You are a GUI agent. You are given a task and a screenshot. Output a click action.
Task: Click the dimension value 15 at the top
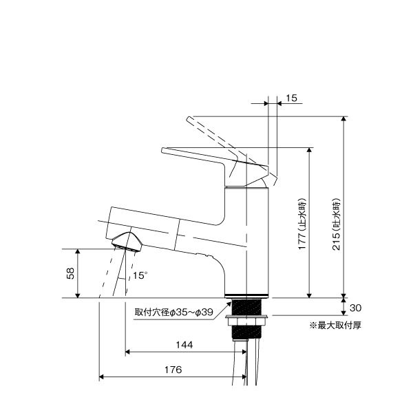pyautogui.click(x=290, y=98)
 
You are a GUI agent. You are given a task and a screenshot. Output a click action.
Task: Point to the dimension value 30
pyautogui.click(x=355, y=307)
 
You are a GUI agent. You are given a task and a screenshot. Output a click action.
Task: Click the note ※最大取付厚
pyautogui.click(x=335, y=324)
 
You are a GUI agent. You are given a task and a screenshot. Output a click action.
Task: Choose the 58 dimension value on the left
pyautogui.click(x=70, y=273)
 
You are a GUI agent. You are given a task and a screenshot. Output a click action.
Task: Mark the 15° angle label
pyautogui.click(x=140, y=275)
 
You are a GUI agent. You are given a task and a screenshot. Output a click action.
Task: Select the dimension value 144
pyautogui.click(x=184, y=344)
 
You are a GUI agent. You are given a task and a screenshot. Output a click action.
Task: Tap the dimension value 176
pyautogui.click(x=173, y=370)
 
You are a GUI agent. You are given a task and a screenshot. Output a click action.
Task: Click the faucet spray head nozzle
pyautogui.click(x=127, y=242)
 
